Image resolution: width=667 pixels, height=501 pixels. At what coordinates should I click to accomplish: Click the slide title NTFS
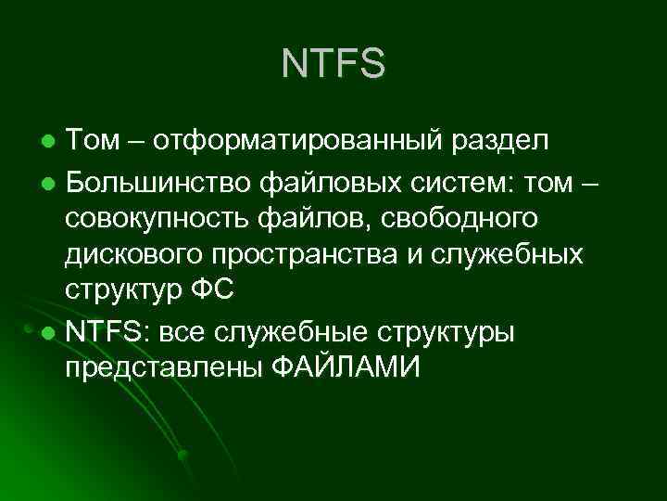[333, 64]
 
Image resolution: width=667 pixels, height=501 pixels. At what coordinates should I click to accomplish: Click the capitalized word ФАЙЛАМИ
[346, 367]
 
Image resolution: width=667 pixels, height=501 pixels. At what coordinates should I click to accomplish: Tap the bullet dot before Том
[50, 142]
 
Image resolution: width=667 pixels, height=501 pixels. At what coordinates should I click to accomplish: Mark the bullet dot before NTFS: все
[50, 331]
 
